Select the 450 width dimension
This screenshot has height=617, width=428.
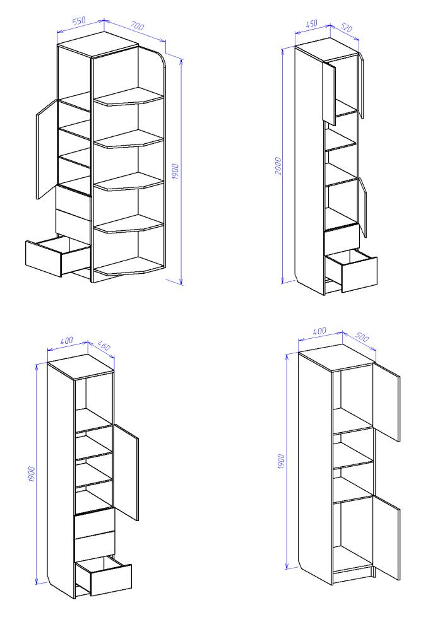(x=311, y=23)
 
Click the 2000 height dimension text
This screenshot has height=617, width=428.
(x=278, y=166)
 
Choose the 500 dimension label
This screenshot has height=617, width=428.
(x=362, y=337)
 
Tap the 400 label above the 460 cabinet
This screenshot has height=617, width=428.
(x=66, y=341)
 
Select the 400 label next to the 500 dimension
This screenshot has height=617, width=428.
(x=319, y=331)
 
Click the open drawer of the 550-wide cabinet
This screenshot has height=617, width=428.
(x=58, y=256)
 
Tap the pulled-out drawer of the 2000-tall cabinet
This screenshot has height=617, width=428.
(x=351, y=270)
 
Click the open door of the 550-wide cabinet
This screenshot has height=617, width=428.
(x=47, y=150)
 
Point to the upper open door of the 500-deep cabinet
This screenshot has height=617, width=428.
(x=386, y=402)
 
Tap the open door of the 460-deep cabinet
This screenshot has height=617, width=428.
(x=126, y=472)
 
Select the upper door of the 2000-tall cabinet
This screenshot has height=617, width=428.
(x=329, y=93)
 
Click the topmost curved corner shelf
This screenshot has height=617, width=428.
(x=129, y=97)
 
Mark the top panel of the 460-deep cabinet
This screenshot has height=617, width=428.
(x=81, y=367)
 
